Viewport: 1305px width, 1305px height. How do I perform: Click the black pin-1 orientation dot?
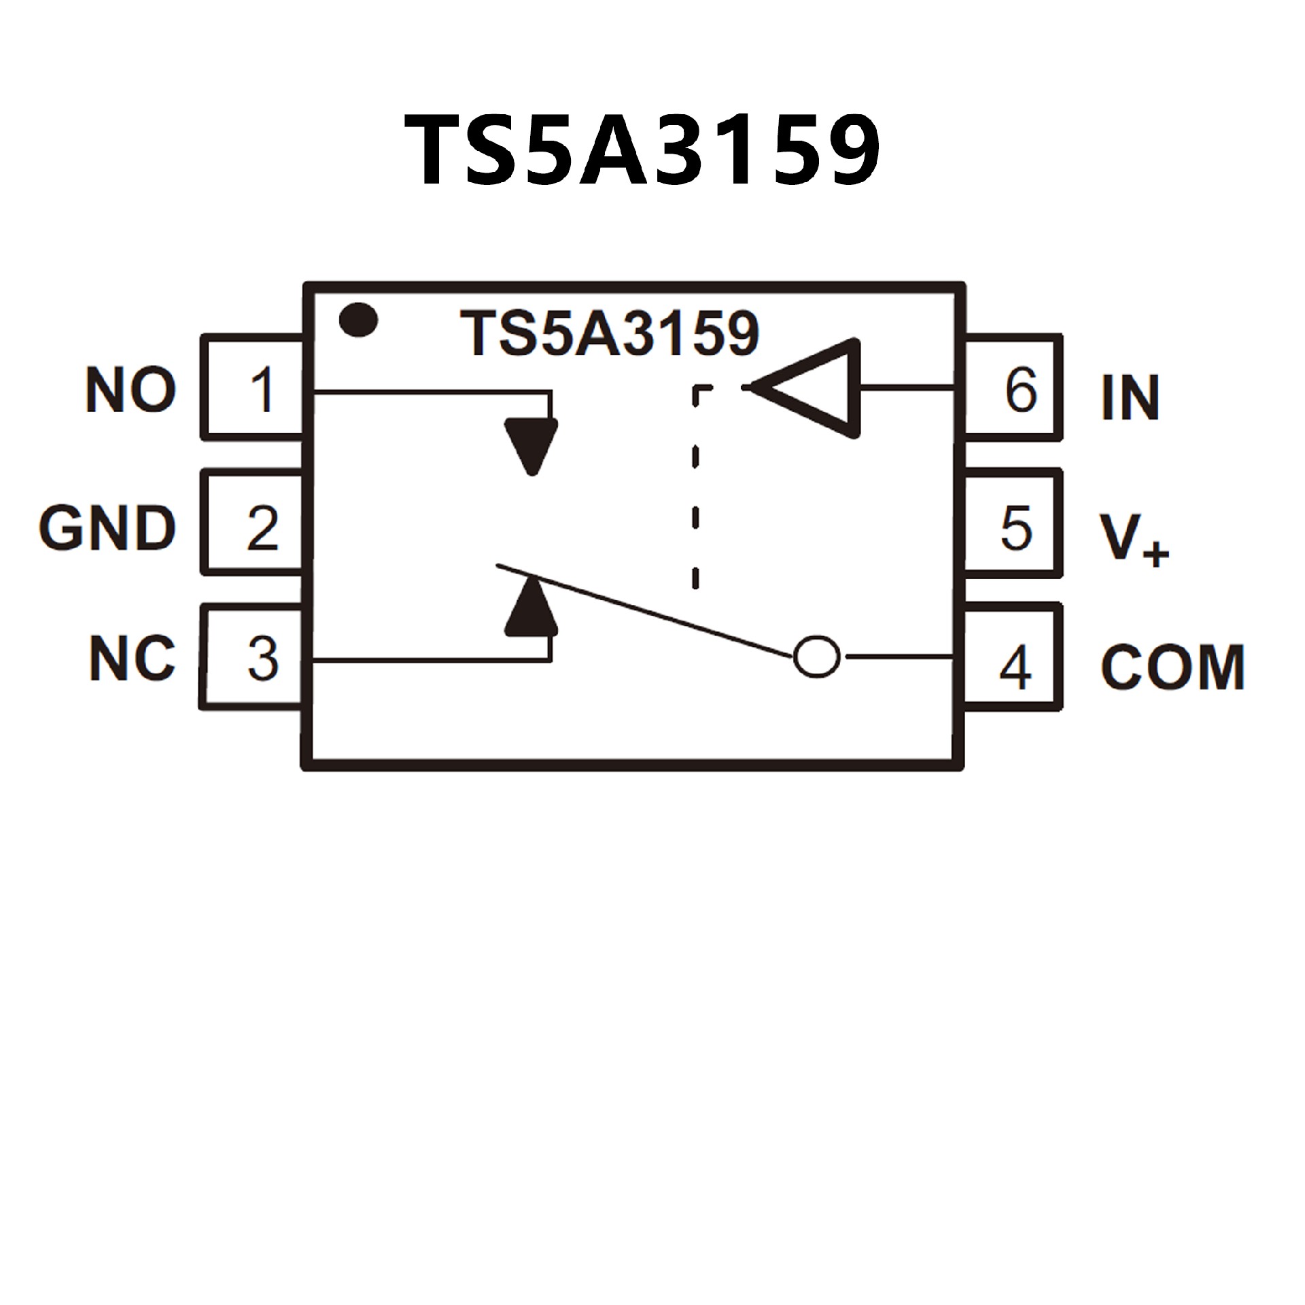pyautogui.click(x=358, y=319)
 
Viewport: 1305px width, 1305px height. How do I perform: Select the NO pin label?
pyautogui.click(x=131, y=390)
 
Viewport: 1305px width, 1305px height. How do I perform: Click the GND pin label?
pyautogui.click(x=107, y=528)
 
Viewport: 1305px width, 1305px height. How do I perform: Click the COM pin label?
pyautogui.click(x=1172, y=667)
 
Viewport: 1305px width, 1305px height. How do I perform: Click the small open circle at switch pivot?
pyautogui.click(x=816, y=657)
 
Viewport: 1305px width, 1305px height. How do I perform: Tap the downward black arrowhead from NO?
pyautogui.click(x=532, y=446)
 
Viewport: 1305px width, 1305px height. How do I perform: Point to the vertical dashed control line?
pyautogui.click(x=695, y=486)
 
